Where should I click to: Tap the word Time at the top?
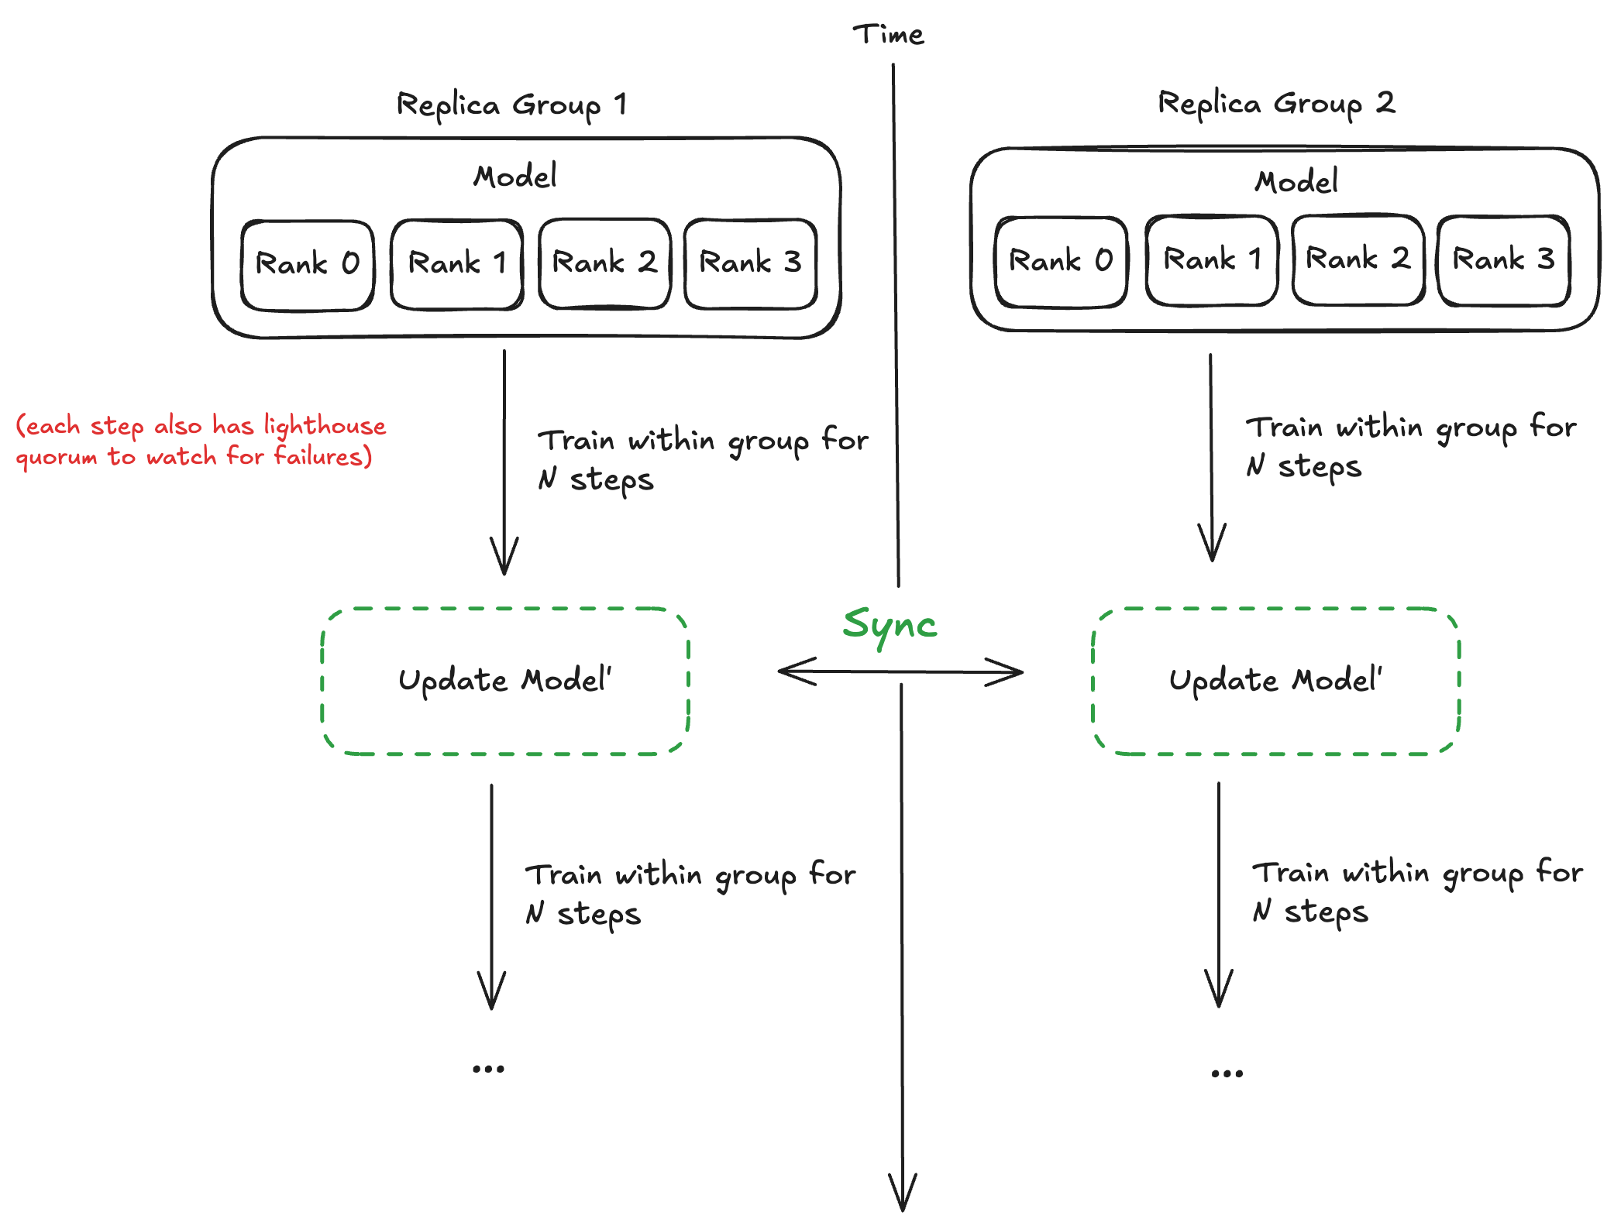(888, 34)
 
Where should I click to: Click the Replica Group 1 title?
(511, 105)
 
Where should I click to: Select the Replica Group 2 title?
(1276, 104)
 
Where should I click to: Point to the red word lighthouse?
(325, 427)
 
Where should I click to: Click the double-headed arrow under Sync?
(900, 671)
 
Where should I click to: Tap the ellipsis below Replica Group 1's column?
(488, 1069)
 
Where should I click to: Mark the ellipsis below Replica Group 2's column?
(1227, 1073)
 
